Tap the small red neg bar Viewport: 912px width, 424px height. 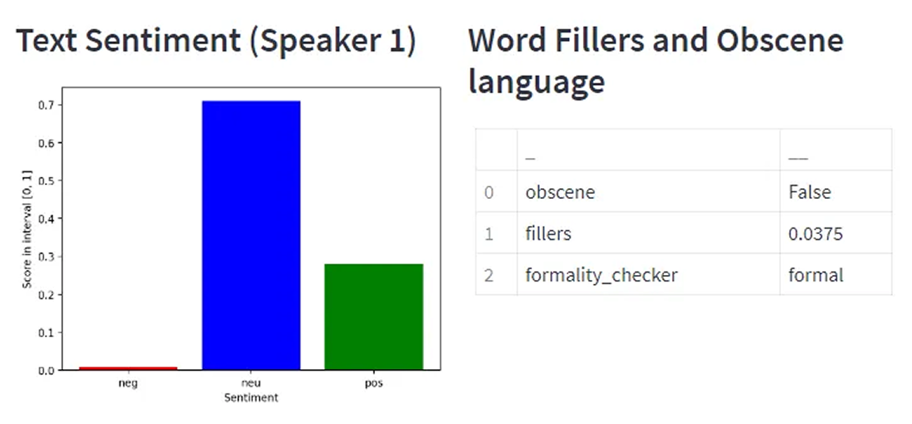(128, 368)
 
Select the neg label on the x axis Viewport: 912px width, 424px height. (128, 383)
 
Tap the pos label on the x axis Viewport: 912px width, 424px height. (373, 383)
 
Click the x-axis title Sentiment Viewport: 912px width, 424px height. (251, 398)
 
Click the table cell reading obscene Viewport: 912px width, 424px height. (560, 192)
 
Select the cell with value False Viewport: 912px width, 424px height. (809, 192)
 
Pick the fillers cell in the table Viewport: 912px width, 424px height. (548, 234)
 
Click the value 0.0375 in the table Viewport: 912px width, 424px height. (815, 234)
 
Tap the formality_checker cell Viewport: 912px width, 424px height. (601, 275)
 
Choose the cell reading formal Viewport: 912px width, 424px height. (815, 275)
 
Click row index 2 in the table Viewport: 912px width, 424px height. (489, 275)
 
